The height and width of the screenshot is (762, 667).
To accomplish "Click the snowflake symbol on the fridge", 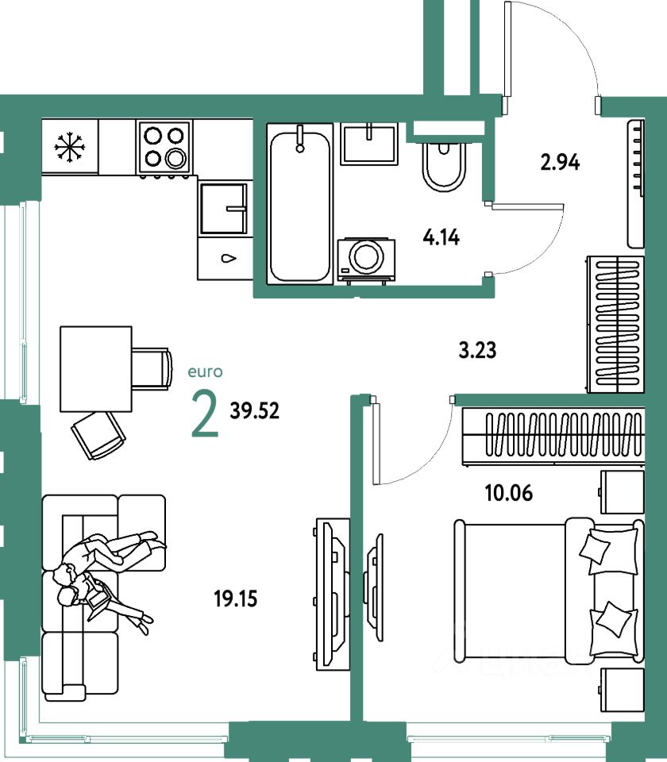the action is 69,147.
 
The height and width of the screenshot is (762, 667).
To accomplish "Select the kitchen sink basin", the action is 224,208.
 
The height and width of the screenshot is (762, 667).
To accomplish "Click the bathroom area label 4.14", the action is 442,237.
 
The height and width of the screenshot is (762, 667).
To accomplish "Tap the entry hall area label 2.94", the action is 560,164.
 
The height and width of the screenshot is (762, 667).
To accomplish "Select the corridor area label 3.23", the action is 477,349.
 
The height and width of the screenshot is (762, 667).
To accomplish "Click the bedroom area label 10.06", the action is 509,493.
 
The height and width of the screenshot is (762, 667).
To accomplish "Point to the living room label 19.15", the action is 235,598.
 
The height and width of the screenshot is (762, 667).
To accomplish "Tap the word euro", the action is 206,371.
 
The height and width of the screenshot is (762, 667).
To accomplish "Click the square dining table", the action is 95,368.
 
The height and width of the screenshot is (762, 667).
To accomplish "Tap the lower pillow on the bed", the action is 612,619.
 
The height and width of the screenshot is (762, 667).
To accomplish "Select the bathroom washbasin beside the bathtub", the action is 369,144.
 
